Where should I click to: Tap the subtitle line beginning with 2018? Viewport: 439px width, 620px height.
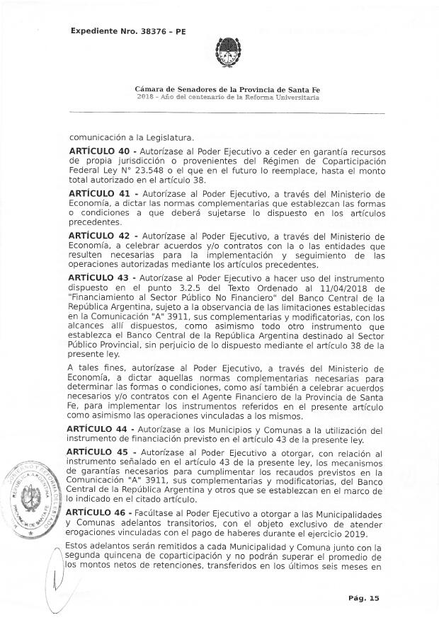coord(227,98)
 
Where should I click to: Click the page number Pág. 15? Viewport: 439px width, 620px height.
coord(363,598)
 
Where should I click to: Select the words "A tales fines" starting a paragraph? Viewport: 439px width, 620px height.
coord(96,368)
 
